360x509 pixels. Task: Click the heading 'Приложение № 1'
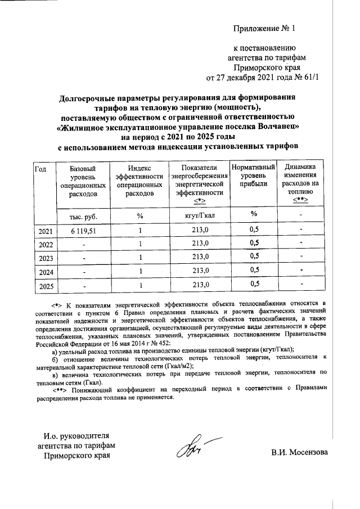coord(267,28)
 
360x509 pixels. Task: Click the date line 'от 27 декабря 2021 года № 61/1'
coord(263,78)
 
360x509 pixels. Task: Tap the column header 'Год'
coord(40,169)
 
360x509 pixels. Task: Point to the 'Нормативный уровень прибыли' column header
coord(253,178)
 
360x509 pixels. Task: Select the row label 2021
coord(45,231)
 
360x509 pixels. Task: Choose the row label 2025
coord(45,286)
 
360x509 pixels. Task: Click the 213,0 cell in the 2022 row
coord(200,244)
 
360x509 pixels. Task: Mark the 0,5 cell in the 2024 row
coord(254,271)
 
